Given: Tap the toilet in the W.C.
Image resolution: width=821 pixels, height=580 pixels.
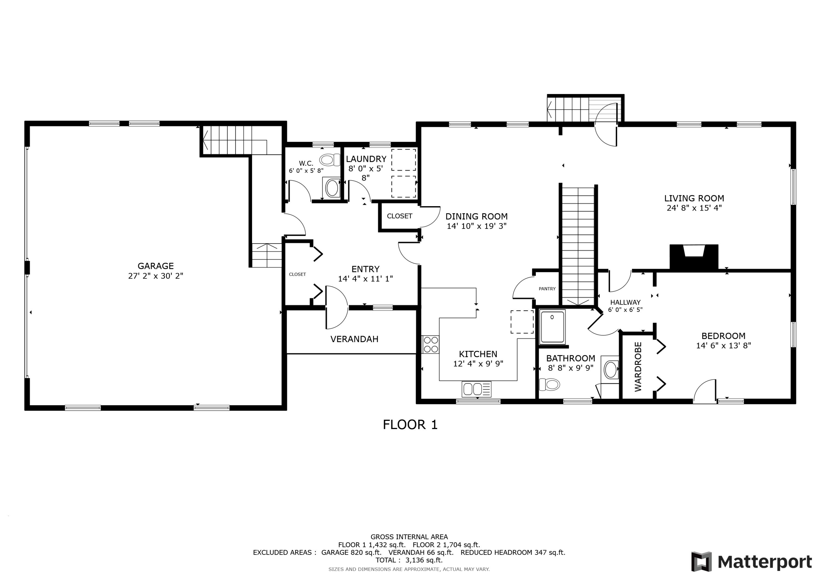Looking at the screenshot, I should pyautogui.click(x=330, y=160).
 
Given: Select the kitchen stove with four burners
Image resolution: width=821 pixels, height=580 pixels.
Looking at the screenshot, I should pyautogui.click(x=431, y=345).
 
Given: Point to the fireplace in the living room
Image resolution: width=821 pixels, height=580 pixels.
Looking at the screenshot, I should pyautogui.click(x=694, y=257).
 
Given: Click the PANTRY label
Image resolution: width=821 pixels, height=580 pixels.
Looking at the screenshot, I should pyautogui.click(x=547, y=289).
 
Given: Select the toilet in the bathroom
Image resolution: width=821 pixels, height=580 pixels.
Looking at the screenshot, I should pyautogui.click(x=550, y=384).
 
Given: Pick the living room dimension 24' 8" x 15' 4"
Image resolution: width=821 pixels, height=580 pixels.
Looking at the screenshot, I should pyautogui.click(x=694, y=208).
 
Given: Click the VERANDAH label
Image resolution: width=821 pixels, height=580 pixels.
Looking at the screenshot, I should pyautogui.click(x=354, y=339).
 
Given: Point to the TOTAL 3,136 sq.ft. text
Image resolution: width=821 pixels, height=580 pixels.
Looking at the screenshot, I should pyautogui.click(x=409, y=560).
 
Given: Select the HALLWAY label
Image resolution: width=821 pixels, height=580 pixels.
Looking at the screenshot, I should pyautogui.click(x=625, y=302).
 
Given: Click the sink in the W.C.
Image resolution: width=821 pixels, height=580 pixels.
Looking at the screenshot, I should pyautogui.click(x=332, y=188).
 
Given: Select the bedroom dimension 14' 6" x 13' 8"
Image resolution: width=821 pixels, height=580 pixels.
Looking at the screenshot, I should pyautogui.click(x=723, y=346).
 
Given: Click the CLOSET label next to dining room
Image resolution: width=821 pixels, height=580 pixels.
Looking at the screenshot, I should pyautogui.click(x=399, y=216).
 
